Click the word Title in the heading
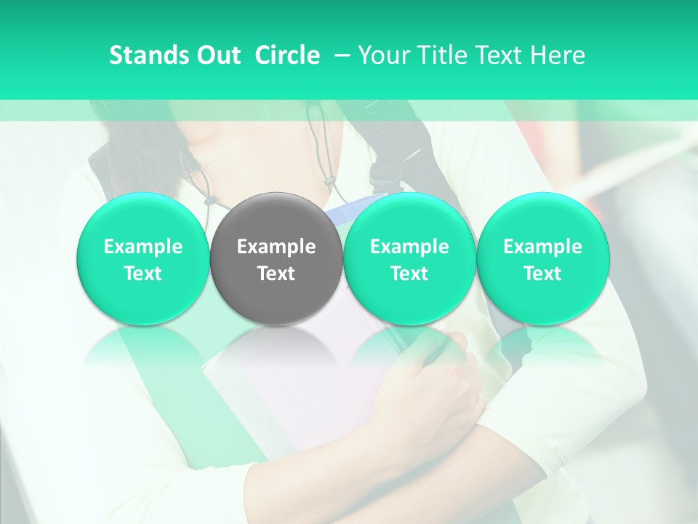pos(436,55)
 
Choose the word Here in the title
pos(558,55)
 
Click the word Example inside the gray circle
pos(276,247)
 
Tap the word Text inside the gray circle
pos(276,274)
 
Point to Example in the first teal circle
pos(143,247)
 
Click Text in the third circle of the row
pos(409,274)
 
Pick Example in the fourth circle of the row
pos(542,247)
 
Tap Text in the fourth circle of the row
pos(542,274)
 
